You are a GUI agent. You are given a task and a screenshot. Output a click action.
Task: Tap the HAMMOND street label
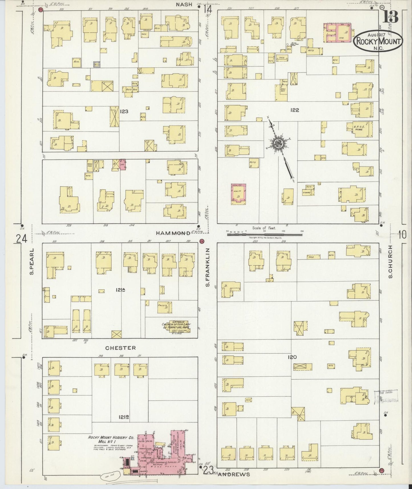pyautogui.click(x=173, y=233)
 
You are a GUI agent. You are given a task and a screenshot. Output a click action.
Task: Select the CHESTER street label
pyautogui.click(x=120, y=348)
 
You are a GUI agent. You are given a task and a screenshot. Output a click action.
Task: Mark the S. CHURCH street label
pyautogui.click(x=390, y=262)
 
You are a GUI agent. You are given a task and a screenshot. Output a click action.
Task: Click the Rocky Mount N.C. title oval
pyautogui.click(x=378, y=42)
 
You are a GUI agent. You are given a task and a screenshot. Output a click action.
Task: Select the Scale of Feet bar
pyautogui.click(x=264, y=235)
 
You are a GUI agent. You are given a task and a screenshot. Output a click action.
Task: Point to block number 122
pyautogui.click(x=295, y=110)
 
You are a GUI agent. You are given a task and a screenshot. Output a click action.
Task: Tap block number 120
pyautogui.click(x=292, y=357)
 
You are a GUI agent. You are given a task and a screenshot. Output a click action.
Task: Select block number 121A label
pyautogui.click(x=121, y=290)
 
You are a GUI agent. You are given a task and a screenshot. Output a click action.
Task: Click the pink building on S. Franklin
pyautogui.click(x=238, y=194)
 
